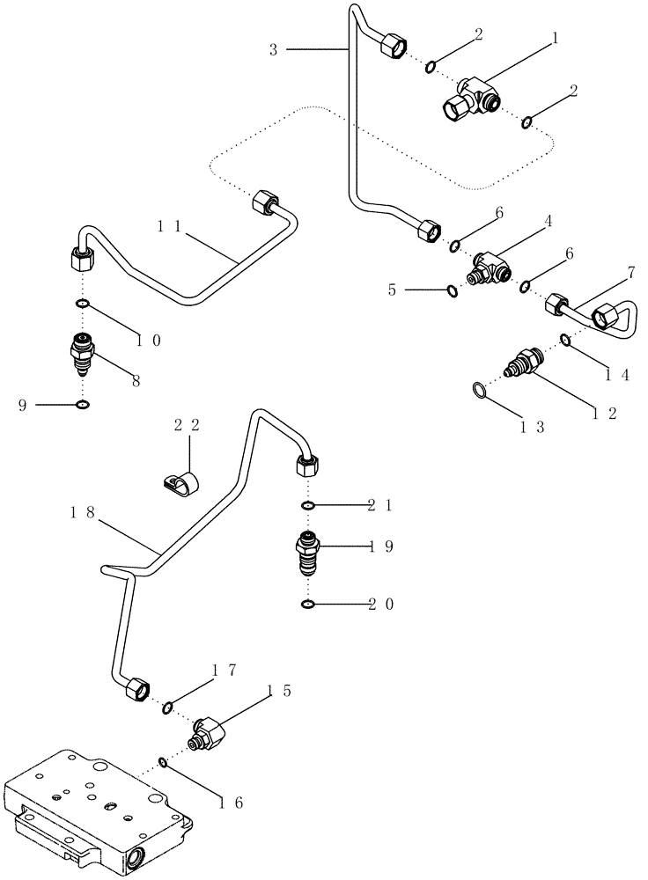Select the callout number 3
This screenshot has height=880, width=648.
[x=274, y=51]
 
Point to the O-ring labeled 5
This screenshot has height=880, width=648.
[x=452, y=290]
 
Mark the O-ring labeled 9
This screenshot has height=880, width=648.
[x=82, y=405]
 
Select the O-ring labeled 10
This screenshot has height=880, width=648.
[x=82, y=305]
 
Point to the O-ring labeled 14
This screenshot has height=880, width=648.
[x=565, y=341]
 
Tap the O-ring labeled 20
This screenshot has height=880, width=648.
[x=307, y=604]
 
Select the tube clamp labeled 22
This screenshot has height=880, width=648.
[x=182, y=481]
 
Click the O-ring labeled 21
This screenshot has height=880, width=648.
[x=307, y=506]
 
